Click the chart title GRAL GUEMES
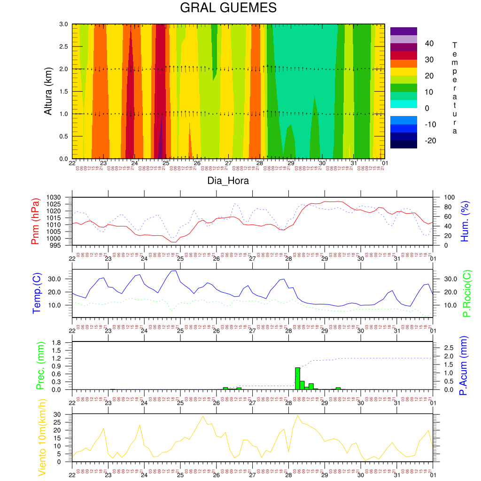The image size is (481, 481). tap(228, 8)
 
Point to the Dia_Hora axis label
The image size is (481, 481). tap(228, 181)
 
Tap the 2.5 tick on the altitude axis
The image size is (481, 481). tap(63, 47)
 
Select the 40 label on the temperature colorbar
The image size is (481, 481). tap(429, 44)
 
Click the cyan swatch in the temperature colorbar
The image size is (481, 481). tap(403, 104)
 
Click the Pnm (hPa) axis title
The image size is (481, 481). tap(35, 221)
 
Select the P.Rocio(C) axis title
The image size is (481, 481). tap(467, 294)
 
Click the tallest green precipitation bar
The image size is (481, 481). tap(297, 378)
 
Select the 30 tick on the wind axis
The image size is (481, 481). tap(64, 415)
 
